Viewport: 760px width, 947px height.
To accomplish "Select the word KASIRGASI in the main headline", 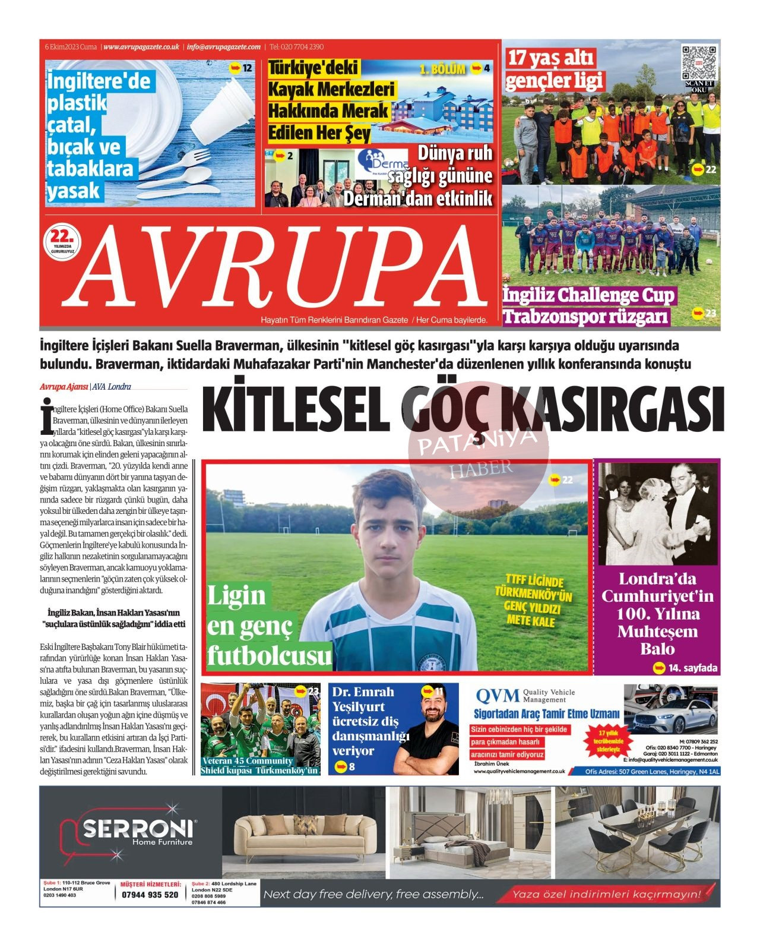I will coord(612,409).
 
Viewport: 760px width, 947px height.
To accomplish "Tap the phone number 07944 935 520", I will coord(150,895).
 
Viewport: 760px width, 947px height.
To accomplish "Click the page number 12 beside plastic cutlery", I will coord(246,68).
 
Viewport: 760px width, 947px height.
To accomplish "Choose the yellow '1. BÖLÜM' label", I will coord(442,70).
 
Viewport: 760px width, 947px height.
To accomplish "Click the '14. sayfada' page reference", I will coord(692,668).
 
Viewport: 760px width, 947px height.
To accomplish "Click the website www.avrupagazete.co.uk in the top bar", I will coord(141,47).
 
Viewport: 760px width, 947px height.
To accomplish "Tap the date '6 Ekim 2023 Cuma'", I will coord(71,47).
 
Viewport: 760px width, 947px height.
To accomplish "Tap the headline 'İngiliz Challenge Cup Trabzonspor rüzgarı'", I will coord(588,305).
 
